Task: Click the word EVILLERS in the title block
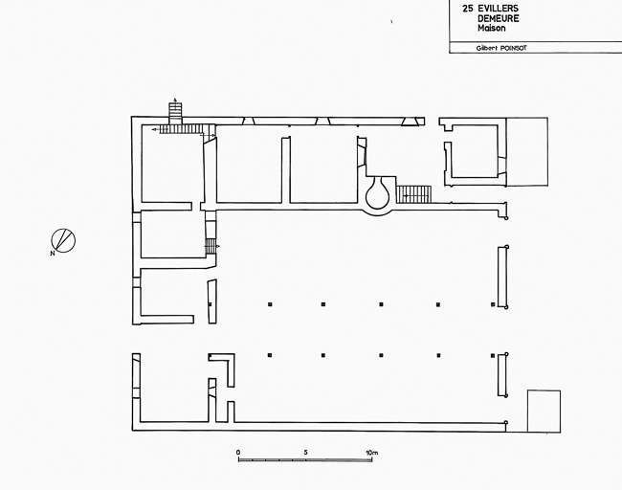(x=498, y=9)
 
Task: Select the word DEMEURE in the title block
(x=499, y=18)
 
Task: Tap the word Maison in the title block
(x=492, y=28)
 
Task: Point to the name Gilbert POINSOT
(x=501, y=48)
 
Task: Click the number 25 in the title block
(x=468, y=9)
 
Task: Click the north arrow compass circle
(x=63, y=240)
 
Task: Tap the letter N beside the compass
(x=53, y=254)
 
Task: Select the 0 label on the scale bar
(x=238, y=453)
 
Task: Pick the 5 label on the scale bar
(x=305, y=453)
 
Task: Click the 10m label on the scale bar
(x=371, y=453)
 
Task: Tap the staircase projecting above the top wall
(x=175, y=110)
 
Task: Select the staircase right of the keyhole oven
(x=413, y=194)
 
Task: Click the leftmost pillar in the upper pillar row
(x=270, y=304)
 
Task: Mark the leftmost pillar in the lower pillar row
(x=270, y=355)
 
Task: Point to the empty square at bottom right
(x=544, y=412)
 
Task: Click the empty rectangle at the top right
(x=527, y=151)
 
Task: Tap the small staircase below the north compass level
(x=211, y=247)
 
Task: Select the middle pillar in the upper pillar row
(x=381, y=304)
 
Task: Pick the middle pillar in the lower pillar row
(x=381, y=355)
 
